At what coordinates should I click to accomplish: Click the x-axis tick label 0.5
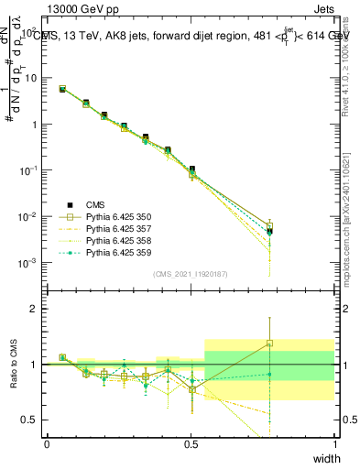click(x=191, y=443)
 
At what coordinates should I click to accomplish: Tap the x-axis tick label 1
click(x=334, y=443)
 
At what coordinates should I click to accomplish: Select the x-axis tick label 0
click(x=47, y=443)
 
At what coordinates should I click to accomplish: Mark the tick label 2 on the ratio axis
click(x=35, y=309)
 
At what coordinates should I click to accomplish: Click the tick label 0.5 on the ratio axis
click(x=30, y=420)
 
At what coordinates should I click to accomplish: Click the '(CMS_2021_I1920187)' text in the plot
click(x=191, y=274)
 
